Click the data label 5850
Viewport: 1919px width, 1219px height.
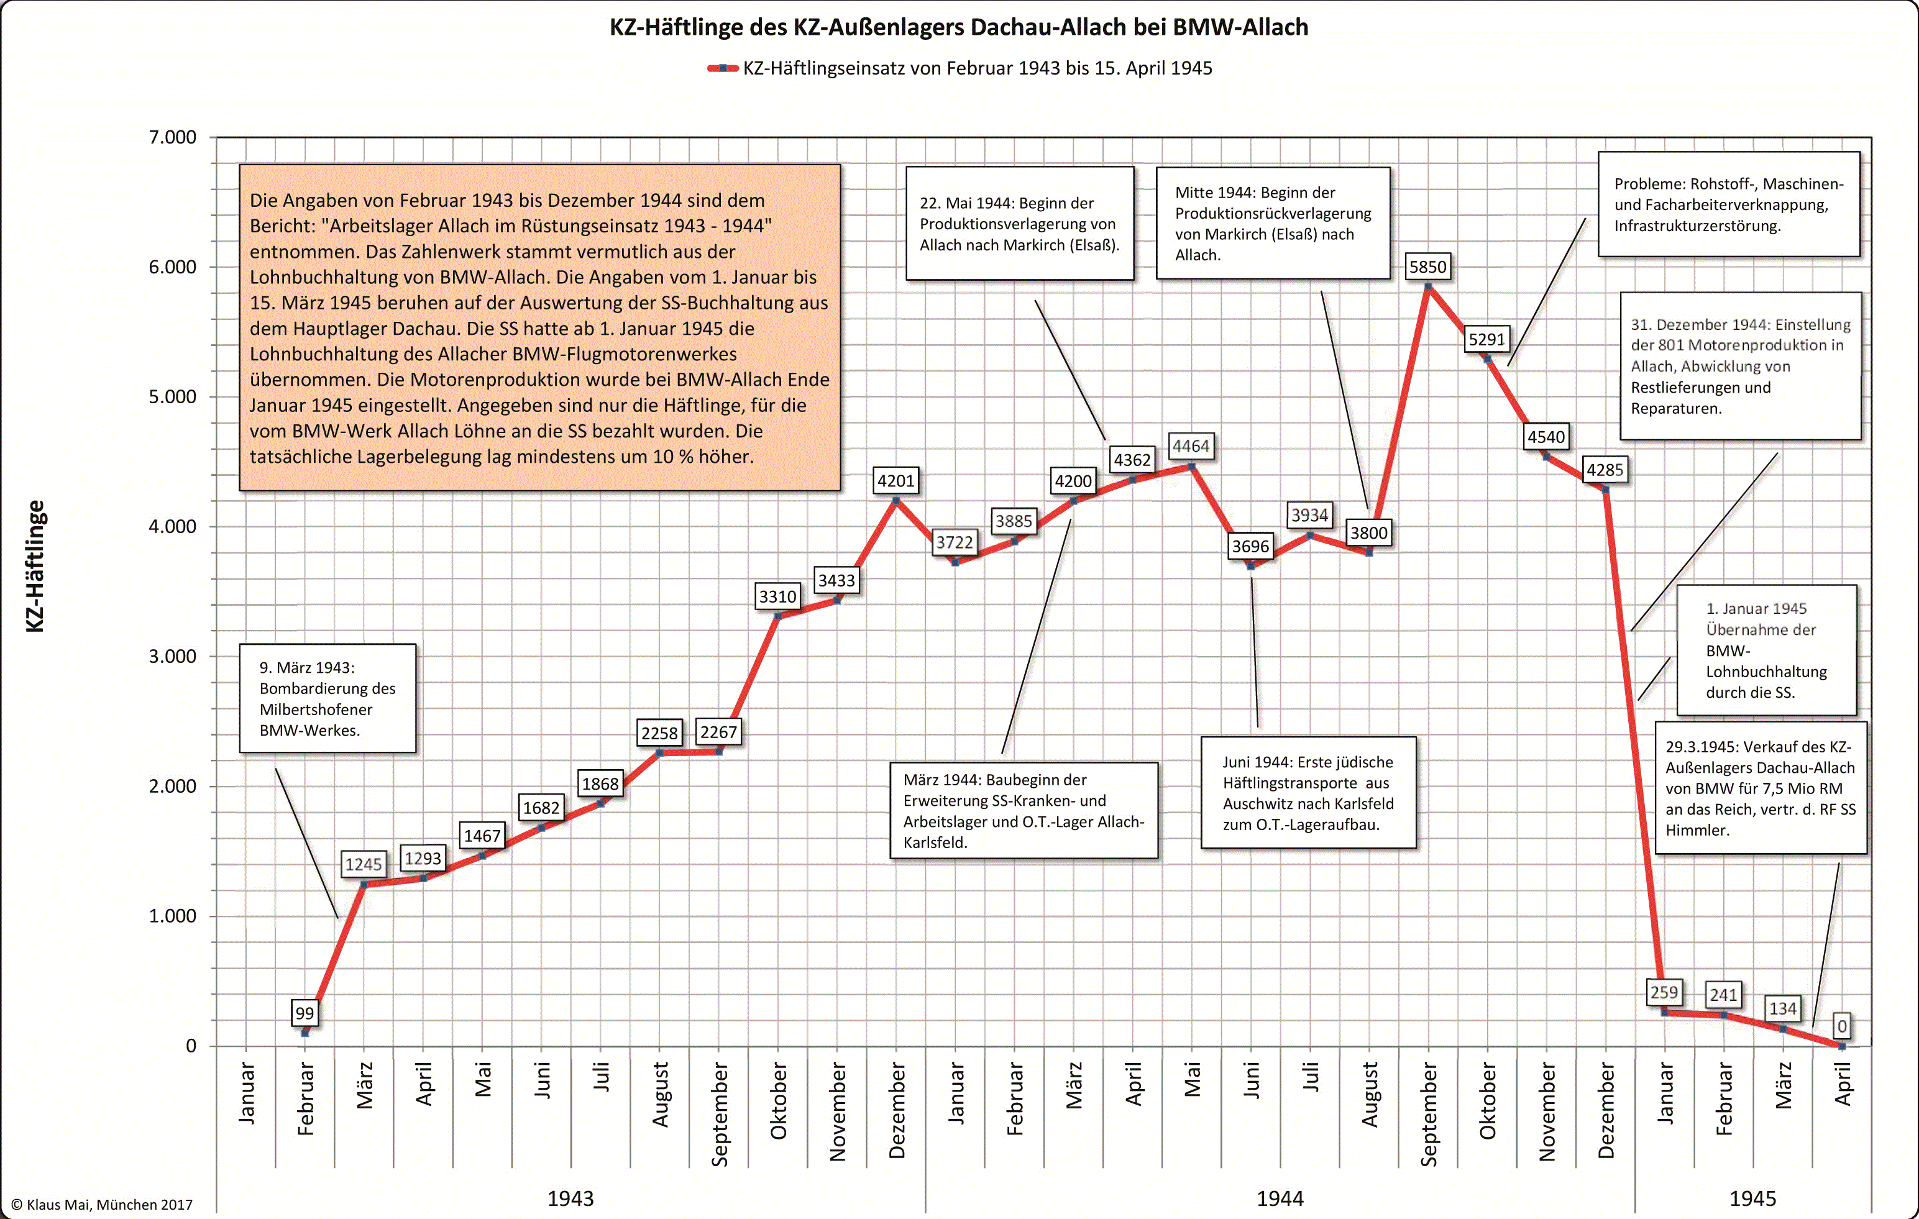pyautogui.click(x=1427, y=267)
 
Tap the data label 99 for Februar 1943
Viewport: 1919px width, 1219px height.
pyautogui.click(x=305, y=1013)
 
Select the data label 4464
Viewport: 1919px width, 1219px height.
pyautogui.click(x=1191, y=446)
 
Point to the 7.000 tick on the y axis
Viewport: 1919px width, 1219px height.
pyautogui.click(x=172, y=137)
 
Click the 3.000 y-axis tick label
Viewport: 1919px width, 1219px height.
pyautogui.click(x=172, y=657)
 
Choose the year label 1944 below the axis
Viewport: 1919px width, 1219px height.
pyautogui.click(x=1280, y=1198)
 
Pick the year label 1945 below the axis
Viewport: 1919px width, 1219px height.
pyautogui.click(x=1752, y=1198)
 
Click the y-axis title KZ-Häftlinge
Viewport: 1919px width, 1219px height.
pyautogui.click(x=35, y=565)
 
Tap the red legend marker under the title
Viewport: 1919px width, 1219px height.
pyautogui.click(x=722, y=68)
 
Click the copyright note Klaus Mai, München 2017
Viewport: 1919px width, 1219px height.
pyautogui.click(x=102, y=1205)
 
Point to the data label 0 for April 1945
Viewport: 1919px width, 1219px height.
pyautogui.click(x=1842, y=1026)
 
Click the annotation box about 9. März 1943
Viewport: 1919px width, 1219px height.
pyautogui.click(x=327, y=698)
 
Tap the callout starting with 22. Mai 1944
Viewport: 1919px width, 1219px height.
pyautogui.click(x=1019, y=224)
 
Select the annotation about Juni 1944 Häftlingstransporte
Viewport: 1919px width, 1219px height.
pyautogui.click(x=1308, y=793)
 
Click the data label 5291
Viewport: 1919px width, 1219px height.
pyautogui.click(x=1486, y=339)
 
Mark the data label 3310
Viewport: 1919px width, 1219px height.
pyautogui.click(x=777, y=596)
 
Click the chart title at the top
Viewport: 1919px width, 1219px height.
pyautogui.click(x=959, y=27)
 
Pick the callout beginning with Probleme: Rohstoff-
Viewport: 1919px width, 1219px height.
pyautogui.click(x=1729, y=205)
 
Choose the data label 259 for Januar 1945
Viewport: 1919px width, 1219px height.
pyautogui.click(x=1664, y=993)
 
